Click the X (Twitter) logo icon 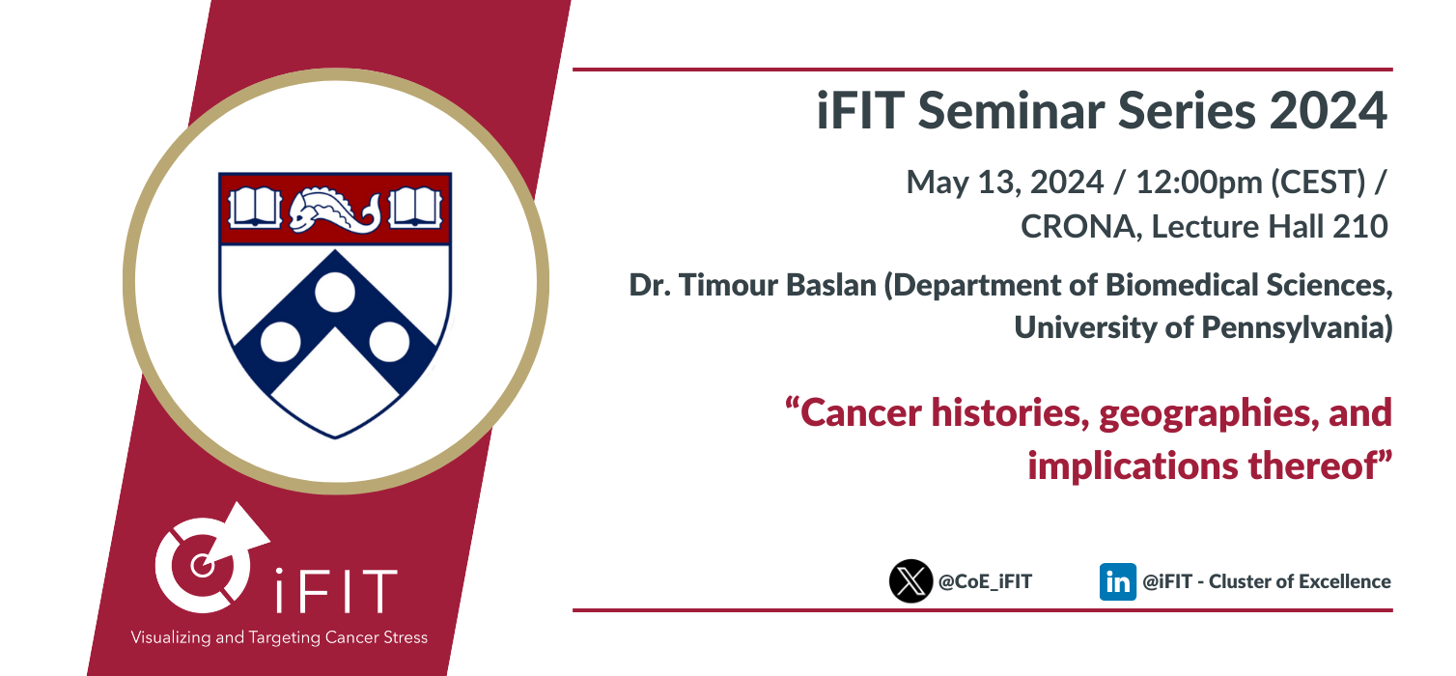tap(910, 581)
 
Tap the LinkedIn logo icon tap(1117, 581)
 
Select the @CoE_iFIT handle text tap(985, 581)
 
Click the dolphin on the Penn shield tap(335, 210)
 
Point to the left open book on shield tap(255, 208)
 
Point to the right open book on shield tap(415, 208)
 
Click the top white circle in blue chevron tap(335, 292)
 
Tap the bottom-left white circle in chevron tap(280, 342)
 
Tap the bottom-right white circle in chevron tap(389, 342)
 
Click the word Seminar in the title tap(1011, 110)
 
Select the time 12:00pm tap(1199, 182)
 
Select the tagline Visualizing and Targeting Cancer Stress tap(279, 637)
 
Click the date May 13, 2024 tap(1005, 183)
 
